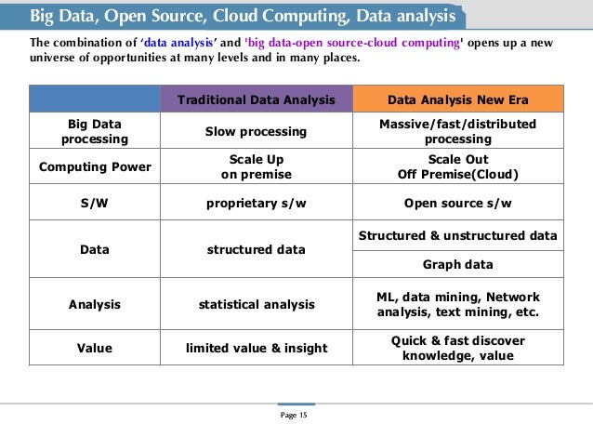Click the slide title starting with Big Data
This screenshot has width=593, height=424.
[243, 17]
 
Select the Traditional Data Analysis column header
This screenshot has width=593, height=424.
[257, 99]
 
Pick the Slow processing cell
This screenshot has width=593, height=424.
[257, 132]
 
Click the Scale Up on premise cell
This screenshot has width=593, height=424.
[257, 166]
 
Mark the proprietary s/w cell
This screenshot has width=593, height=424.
[257, 203]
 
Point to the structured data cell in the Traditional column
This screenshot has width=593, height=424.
[257, 249]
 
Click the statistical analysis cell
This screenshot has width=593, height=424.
[257, 303]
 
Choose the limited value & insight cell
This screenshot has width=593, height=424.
[257, 348]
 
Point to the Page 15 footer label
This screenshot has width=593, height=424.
[296, 414]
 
